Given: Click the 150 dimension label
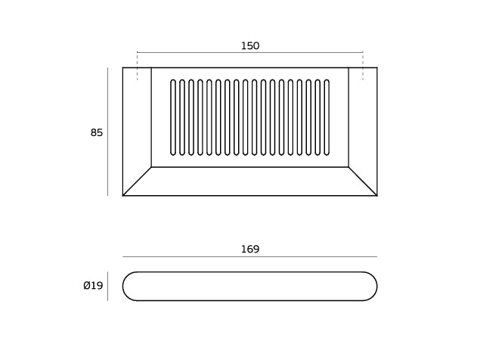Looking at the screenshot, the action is click(250, 46).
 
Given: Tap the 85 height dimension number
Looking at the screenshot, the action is click(97, 132).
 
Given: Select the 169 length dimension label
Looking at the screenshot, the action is click(250, 249).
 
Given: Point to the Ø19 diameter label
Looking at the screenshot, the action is click(93, 286).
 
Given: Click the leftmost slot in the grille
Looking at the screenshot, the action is click(173, 117).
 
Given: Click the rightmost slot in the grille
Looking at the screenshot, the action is click(327, 117).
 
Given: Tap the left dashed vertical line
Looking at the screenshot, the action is click(137, 67).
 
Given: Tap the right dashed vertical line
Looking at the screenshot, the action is click(363, 67).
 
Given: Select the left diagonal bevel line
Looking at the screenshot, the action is click(137, 181).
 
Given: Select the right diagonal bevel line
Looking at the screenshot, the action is click(363, 181).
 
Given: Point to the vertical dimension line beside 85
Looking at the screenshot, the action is click(108, 132).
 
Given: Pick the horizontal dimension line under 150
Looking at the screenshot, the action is click(250, 52).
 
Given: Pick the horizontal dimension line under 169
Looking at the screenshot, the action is click(249, 256).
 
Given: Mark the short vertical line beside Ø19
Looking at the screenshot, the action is click(108, 286).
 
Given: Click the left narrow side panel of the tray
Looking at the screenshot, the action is click(137, 123).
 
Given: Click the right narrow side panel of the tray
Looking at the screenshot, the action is click(363, 123).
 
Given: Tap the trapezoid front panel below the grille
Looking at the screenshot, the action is click(250, 181).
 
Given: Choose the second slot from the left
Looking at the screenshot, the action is click(182, 117).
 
